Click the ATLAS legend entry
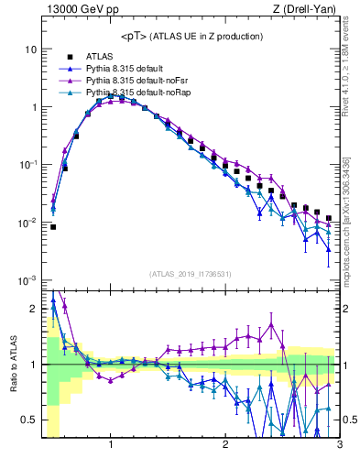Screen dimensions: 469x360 100,56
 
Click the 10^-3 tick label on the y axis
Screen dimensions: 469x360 27,280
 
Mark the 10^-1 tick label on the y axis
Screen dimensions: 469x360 27,165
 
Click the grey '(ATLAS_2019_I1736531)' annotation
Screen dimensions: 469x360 190,274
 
